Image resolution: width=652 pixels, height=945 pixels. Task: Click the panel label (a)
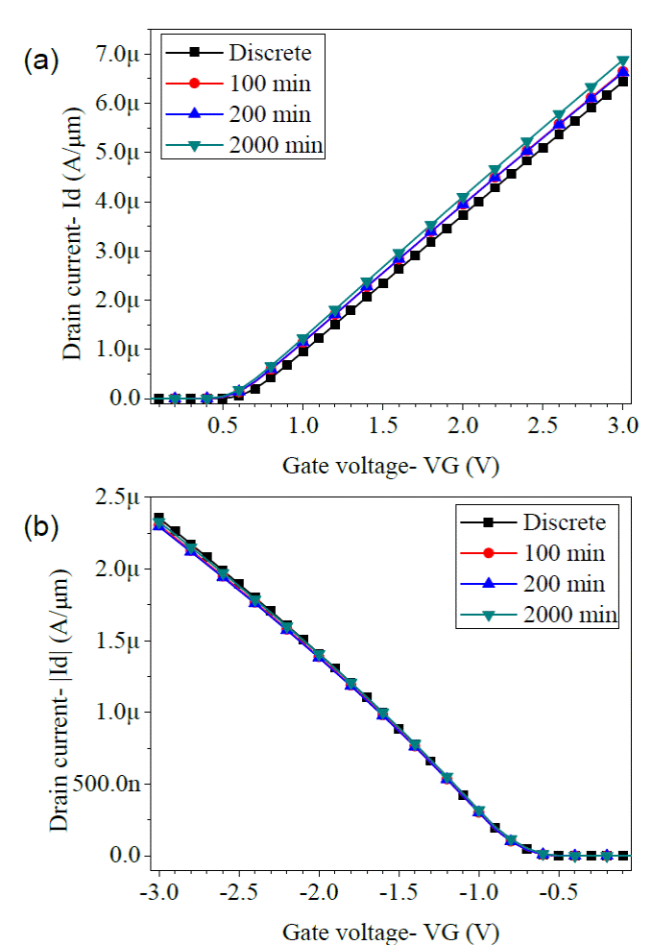[x=40, y=62]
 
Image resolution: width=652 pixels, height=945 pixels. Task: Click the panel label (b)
[x=40, y=526]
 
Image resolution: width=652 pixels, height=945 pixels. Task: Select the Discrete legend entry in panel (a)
[x=269, y=52]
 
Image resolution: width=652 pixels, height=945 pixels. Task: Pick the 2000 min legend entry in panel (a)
[x=276, y=145]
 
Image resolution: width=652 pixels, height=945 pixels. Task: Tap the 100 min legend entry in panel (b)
[x=564, y=553]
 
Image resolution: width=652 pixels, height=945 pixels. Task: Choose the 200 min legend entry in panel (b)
[x=564, y=584]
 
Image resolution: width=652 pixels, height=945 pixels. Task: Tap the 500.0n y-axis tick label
[x=108, y=784]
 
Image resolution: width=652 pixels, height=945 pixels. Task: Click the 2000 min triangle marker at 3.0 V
[x=622, y=62]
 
